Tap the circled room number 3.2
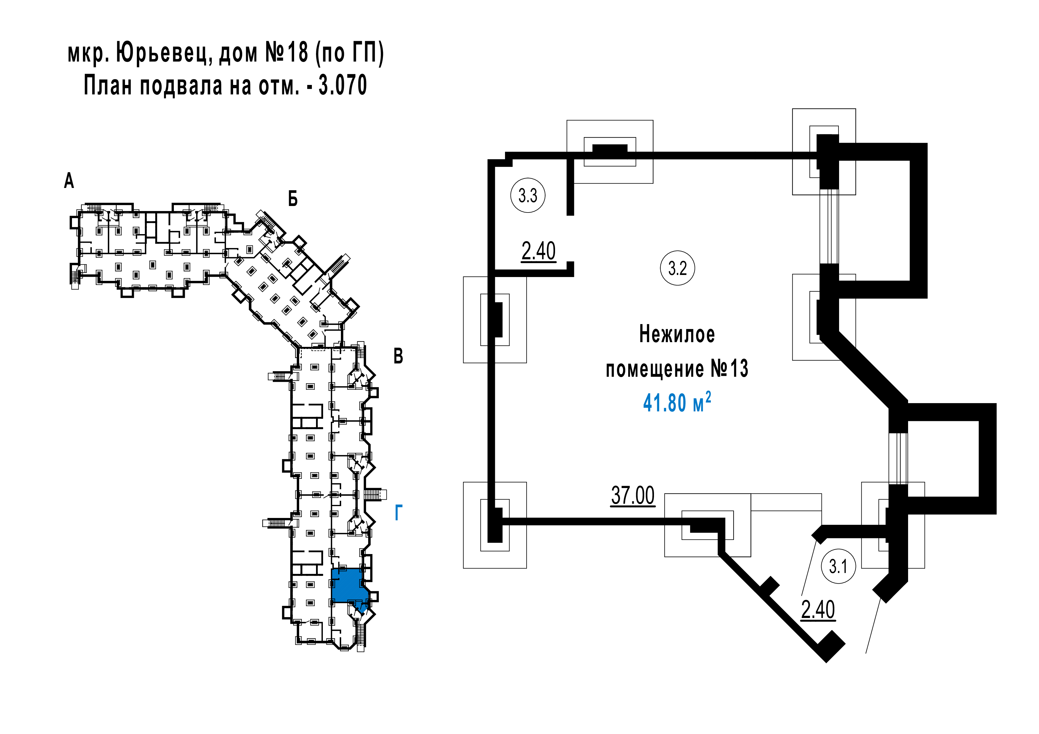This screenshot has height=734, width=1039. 677,268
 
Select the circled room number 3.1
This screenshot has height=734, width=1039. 838,566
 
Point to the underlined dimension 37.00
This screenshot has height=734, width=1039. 633,496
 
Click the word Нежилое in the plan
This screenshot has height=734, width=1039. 677,335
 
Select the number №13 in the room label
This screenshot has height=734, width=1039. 729,368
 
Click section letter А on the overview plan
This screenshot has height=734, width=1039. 69,181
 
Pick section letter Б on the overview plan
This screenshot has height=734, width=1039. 293,199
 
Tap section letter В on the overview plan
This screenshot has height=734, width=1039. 398,356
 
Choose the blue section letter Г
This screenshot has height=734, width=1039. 399,513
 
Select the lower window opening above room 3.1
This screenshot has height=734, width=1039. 898,458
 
